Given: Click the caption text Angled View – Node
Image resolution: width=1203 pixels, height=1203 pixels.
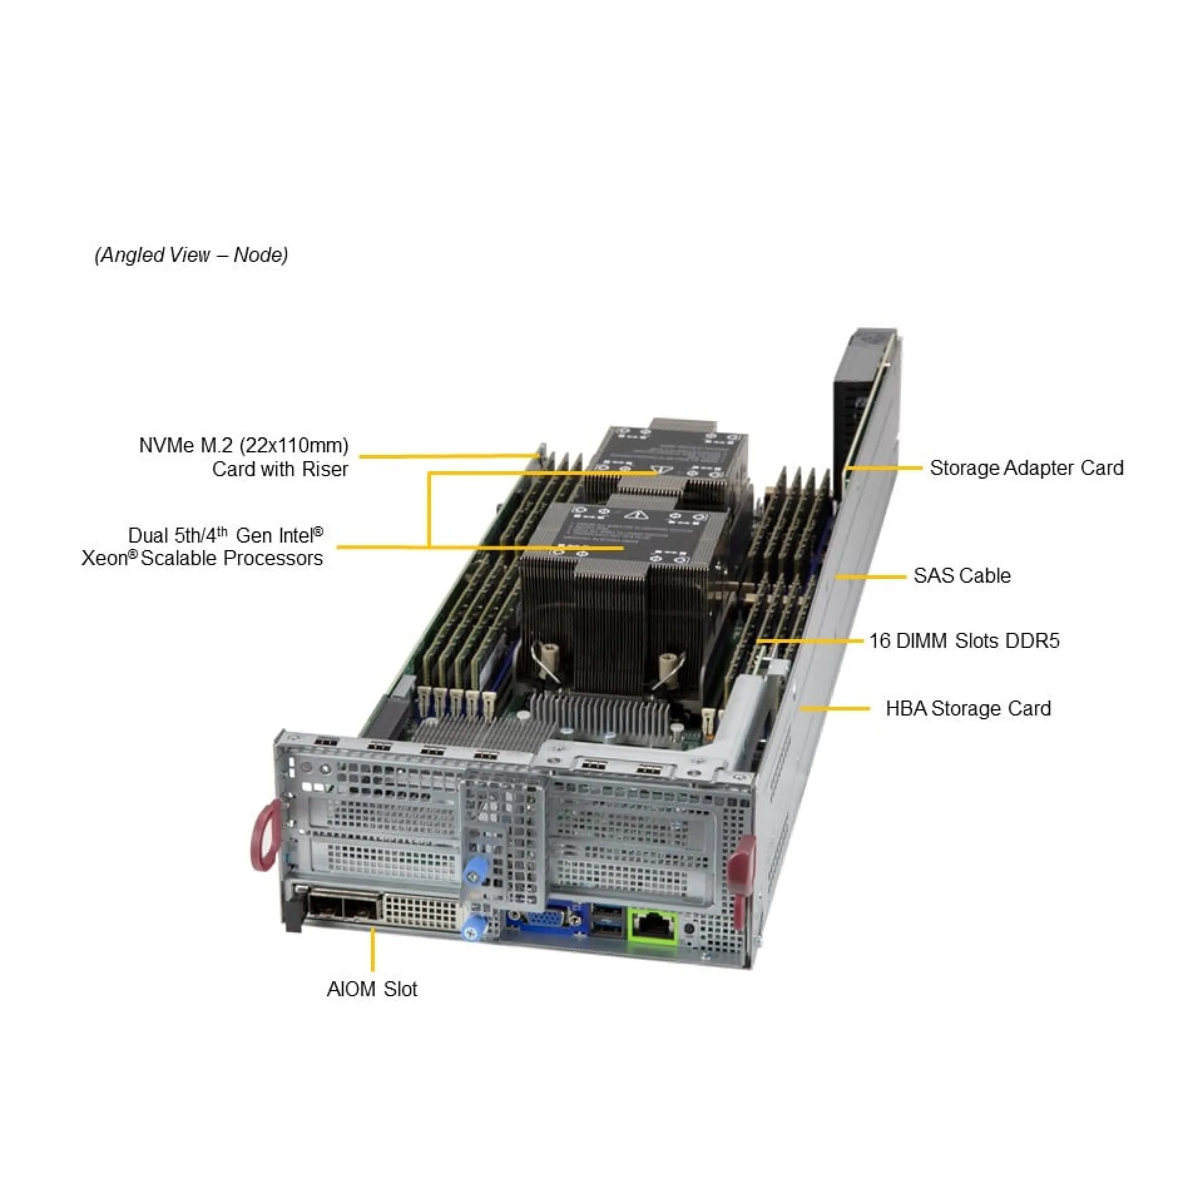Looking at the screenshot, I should (191, 255).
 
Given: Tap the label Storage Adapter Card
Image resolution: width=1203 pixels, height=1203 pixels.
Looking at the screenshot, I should (1026, 468).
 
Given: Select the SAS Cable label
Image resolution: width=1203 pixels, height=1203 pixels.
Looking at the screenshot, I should (962, 575).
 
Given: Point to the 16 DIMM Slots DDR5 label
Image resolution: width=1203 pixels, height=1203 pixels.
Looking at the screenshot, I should (964, 640).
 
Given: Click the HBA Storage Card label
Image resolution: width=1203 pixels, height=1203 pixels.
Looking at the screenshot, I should (968, 708).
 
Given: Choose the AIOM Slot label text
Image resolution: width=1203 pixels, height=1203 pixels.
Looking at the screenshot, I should (372, 989).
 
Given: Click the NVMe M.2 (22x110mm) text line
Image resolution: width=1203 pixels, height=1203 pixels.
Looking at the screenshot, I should (244, 445).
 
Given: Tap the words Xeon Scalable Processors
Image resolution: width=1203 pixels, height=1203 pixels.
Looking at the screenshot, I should (202, 558).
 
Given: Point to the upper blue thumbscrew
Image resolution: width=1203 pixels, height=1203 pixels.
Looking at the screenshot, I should (476, 872).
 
